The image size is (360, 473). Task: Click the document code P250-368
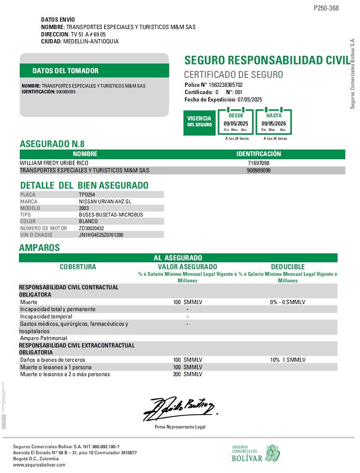tap(326, 8)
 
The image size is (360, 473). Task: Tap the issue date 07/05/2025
tap(250, 100)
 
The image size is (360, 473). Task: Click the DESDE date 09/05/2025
tap(236, 124)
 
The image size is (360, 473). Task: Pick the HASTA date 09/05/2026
tap(274, 124)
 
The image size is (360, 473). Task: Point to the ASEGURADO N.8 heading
tap(52, 144)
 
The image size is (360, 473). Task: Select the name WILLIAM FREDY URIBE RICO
tap(54, 163)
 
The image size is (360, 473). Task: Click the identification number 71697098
tap(259, 163)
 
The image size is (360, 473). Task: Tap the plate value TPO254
tap(87, 195)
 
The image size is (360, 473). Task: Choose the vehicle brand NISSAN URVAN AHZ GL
tap(103, 201)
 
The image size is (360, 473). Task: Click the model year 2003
tap(84, 208)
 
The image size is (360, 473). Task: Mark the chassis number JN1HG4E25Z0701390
tap(101, 235)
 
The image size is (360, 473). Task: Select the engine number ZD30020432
tap(91, 228)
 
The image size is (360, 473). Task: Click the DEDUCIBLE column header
tap(288, 267)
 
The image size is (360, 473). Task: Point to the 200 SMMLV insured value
tap(188, 374)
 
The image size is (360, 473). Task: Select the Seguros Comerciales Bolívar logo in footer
tap(255, 454)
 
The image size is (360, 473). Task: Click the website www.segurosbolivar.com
tap(39, 465)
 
